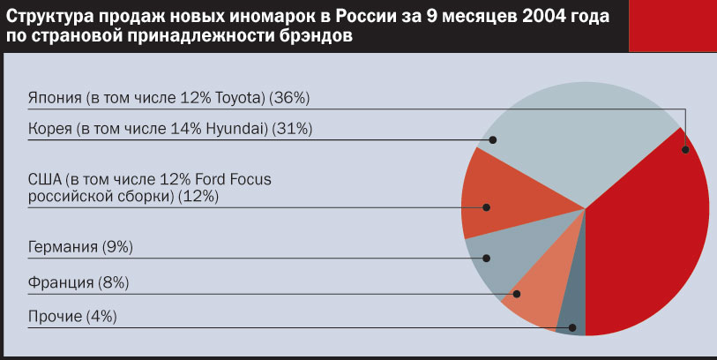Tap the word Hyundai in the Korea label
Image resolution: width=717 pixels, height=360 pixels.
[x=237, y=129]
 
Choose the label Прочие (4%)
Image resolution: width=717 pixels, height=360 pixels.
[x=72, y=316]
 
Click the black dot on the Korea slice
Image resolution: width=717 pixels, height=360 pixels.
[x=494, y=139]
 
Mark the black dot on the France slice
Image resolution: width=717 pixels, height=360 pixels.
[x=517, y=295]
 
